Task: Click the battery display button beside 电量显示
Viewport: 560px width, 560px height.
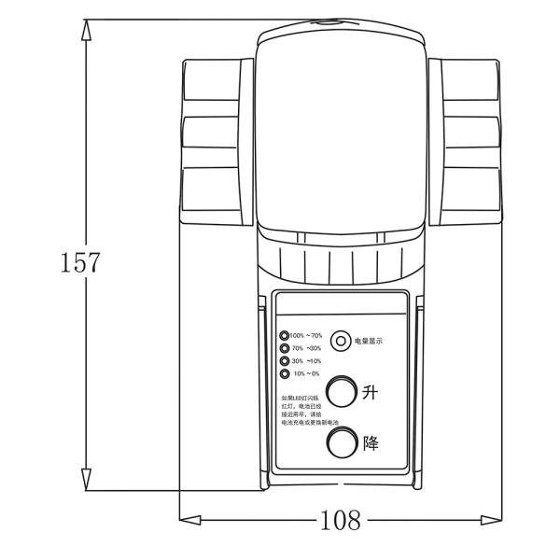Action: (342, 341)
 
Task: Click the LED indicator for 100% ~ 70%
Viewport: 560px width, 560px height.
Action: (284, 335)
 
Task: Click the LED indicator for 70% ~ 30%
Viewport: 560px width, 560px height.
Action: (284, 348)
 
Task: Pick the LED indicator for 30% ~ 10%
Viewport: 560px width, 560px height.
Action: (284, 361)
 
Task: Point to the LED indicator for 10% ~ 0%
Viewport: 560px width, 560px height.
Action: (284, 374)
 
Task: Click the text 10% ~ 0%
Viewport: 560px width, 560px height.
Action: (307, 374)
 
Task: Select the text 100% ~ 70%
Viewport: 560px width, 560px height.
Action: (306, 335)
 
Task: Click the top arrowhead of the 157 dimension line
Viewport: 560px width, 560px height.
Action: (86, 28)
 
